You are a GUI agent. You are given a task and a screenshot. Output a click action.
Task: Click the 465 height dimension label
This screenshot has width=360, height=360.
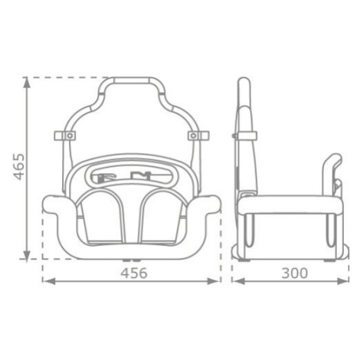click(19, 167)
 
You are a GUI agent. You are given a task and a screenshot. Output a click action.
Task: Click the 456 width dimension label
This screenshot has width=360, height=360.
click(134, 273)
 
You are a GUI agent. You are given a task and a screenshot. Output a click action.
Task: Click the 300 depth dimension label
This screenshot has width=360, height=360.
click(295, 273)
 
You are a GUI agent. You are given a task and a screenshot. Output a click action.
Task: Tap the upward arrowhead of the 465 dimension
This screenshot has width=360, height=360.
click(27, 82)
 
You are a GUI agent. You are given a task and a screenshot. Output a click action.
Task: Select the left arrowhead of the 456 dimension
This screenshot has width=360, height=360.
click(48, 281)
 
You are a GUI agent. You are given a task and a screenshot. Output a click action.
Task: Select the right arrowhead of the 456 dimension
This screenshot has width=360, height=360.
click(213, 281)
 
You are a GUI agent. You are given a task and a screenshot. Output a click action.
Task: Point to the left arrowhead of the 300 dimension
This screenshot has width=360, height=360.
click(239, 281)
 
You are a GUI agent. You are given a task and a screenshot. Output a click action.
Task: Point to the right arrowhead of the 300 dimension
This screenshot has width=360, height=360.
click(343, 281)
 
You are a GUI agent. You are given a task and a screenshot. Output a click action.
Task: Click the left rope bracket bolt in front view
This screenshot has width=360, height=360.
click(70, 136)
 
